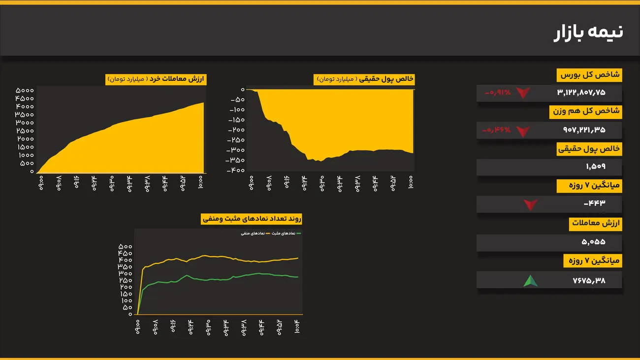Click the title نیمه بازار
pos(588,32)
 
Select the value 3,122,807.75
pos(581,93)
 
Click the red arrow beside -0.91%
pos(523,93)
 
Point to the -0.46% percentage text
pos(497,130)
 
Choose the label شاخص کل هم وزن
pos(586,112)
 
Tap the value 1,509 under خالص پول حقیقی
pos(596,166)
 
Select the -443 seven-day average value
pos(594,203)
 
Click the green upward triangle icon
pos(530,281)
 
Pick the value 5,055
pos(593,242)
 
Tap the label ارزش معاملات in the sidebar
pos(596,224)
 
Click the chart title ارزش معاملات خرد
pos(156,79)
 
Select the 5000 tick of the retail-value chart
pos(25,91)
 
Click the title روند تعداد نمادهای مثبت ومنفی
pos(252,219)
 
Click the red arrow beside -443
pos(530,204)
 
